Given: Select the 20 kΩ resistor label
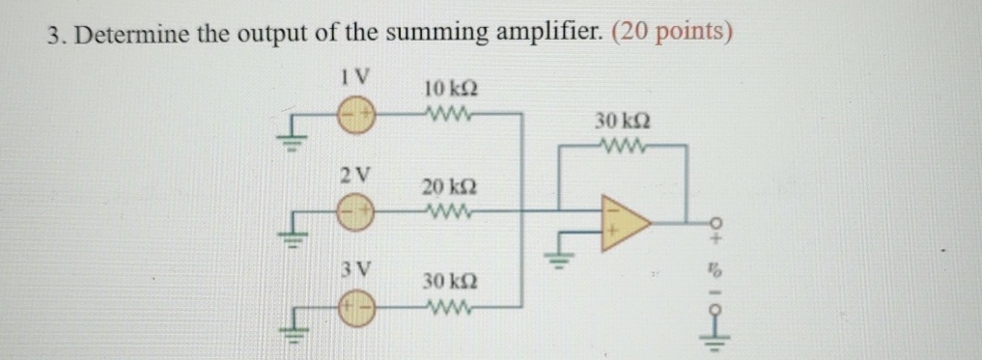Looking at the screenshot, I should click(447, 185).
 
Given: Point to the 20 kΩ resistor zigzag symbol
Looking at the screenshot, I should click(446, 209).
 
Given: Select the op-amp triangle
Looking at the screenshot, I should click(624, 222).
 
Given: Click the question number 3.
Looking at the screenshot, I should click(55, 33).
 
